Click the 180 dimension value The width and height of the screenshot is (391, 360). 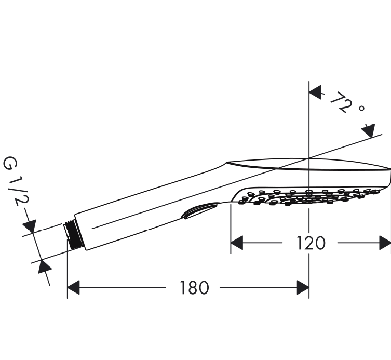tap(194, 288)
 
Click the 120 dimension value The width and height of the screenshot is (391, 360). tap(311, 243)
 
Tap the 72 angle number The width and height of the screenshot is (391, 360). tap(341, 102)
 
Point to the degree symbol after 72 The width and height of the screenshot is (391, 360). tap(361, 108)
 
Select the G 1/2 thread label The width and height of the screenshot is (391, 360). tap(16, 181)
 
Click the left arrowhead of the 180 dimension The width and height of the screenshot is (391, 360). tap(74, 287)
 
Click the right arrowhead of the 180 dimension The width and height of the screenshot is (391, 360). tap(303, 287)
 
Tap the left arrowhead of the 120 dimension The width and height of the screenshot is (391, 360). tap(237, 243)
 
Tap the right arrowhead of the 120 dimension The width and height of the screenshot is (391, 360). tap(385, 243)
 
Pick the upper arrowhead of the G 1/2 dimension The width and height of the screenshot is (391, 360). tap(30, 226)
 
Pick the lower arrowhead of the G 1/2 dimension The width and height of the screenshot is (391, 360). tap(44, 266)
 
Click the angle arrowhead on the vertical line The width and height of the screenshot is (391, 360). tap(315, 92)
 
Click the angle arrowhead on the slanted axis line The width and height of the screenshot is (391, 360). tap(369, 131)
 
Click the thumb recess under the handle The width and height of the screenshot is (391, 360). tap(199, 210)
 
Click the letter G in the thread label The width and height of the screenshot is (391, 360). tap(10, 163)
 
